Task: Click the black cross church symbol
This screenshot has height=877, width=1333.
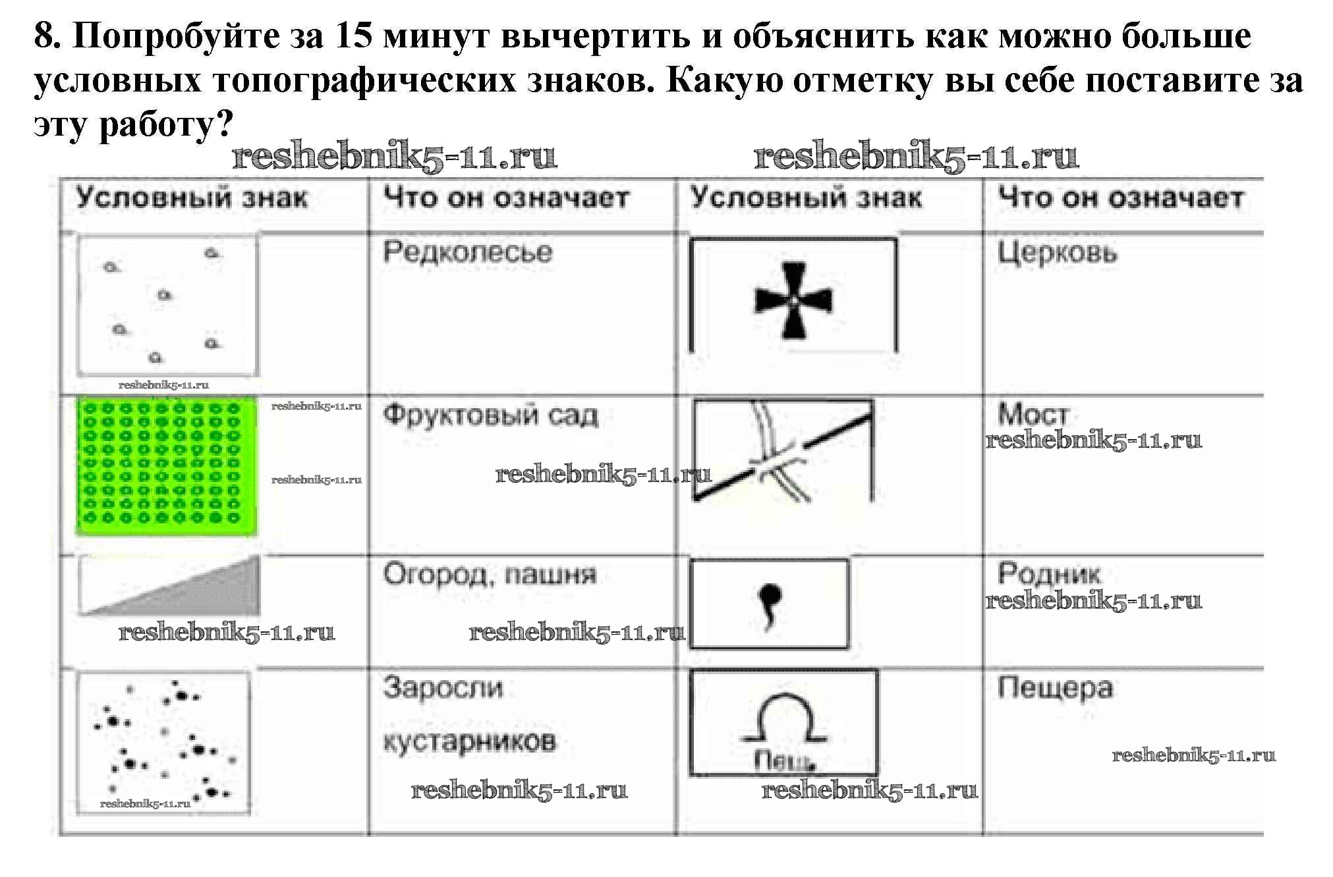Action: click(793, 300)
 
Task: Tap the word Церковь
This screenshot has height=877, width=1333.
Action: click(1057, 253)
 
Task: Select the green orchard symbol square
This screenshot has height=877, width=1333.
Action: click(167, 465)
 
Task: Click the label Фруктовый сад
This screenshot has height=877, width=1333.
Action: click(490, 415)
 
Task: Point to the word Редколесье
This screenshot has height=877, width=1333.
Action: click(467, 252)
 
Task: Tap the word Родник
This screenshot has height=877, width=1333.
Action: click(1048, 573)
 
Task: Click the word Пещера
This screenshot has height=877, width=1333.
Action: click(1055, 688)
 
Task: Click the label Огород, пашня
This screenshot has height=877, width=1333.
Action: click(490, 575)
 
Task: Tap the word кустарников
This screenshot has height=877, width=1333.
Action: click(469, 742)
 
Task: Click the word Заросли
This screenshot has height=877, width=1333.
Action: click(443, 688)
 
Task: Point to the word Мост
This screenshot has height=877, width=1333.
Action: click(1033, 414)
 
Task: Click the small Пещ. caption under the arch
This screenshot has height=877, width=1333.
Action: click(783, 762)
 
